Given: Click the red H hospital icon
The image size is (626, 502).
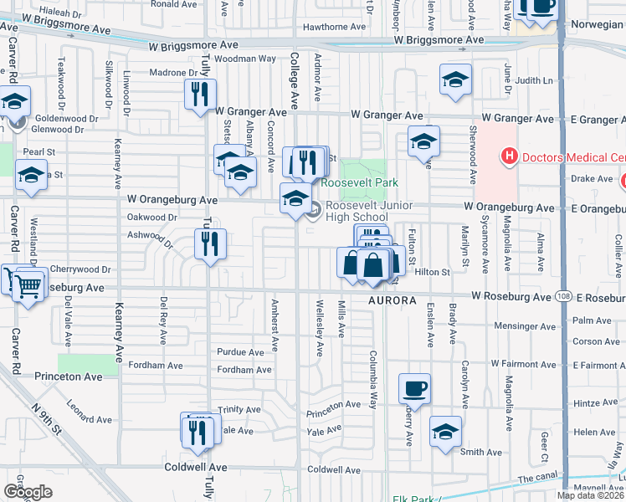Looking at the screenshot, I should tap(507, 156).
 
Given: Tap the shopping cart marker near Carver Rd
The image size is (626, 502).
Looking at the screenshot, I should tap(28, 285).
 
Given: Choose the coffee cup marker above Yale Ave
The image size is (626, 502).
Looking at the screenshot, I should tap(414, 388).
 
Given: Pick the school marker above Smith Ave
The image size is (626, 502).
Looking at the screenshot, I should tap(445, 432).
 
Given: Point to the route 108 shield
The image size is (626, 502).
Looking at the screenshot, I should tap(562, 297).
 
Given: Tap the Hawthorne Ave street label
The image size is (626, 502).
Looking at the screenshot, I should tap(334, 27).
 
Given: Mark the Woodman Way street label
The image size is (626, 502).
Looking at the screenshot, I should tap(244, 59).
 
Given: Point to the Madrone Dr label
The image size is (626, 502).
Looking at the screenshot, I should tap(173, 73).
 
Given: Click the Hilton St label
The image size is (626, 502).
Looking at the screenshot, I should tap(432, 272).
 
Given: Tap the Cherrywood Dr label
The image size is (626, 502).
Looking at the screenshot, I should tap(80, 269).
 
